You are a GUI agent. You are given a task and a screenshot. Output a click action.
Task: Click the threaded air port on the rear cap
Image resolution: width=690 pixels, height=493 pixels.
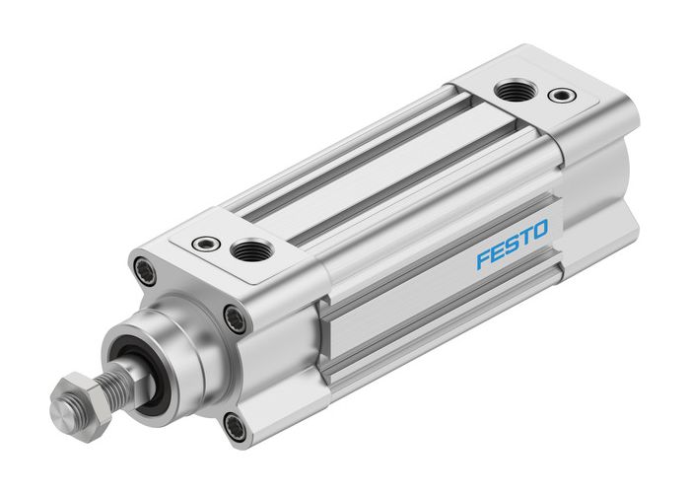click(512, 92)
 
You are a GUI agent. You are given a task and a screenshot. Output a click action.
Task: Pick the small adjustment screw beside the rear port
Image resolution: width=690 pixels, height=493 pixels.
click(562, 96)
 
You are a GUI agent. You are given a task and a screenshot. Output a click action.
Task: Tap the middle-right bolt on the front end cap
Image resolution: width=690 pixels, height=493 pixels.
click(234, 317)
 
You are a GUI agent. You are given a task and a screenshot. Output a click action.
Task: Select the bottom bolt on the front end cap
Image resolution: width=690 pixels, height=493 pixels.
click(235, 427)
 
